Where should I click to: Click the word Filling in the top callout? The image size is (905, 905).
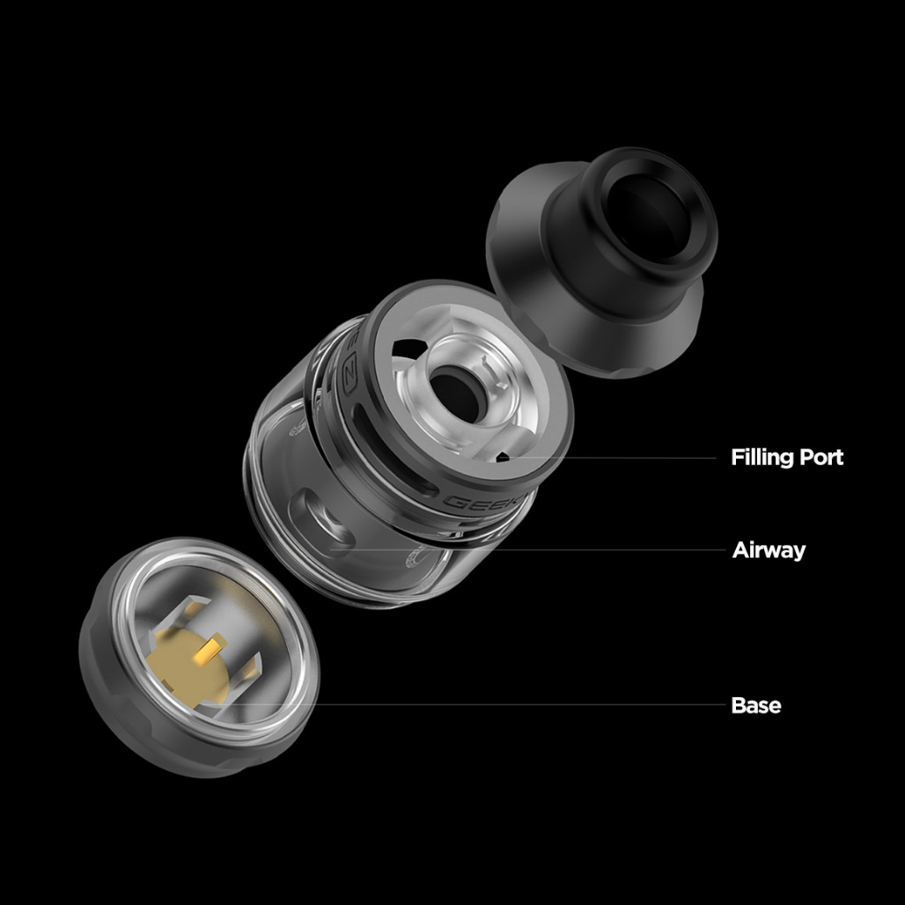762,458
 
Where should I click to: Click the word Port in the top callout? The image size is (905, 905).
820,458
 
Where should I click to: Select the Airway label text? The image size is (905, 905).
769,551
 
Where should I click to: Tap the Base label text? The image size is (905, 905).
755,706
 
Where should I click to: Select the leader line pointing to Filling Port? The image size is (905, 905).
616,458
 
